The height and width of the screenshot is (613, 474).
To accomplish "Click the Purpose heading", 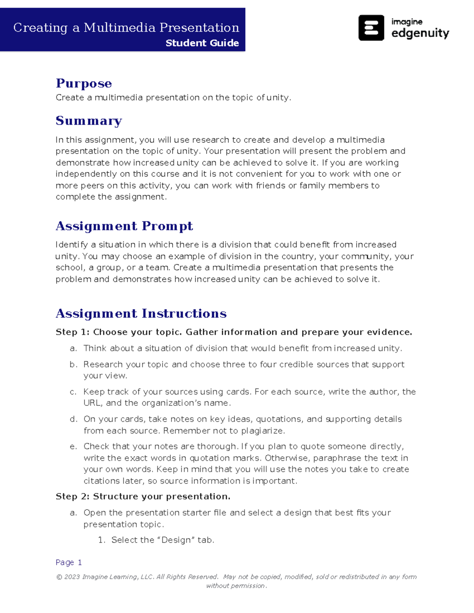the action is click(84, 83).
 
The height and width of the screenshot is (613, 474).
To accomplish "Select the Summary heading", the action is click(89, 121).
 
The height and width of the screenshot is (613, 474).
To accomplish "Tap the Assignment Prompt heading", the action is click(124, 226).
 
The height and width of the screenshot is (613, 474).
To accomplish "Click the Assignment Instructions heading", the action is click(141, 313).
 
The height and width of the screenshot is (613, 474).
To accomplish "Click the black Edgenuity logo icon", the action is click(371, 28).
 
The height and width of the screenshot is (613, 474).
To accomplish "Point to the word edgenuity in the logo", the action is click(420, 33).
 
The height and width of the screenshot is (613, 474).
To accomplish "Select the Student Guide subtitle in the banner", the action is click(202, 43).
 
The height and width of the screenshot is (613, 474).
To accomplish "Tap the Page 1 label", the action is click(69, 562).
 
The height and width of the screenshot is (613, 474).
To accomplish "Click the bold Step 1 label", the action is click(72, 332).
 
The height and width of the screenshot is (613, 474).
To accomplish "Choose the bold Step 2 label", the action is click(72, 496).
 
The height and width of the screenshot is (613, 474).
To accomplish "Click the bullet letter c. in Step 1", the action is click(73, 392).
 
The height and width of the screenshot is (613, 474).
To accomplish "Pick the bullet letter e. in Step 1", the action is click(73, 446).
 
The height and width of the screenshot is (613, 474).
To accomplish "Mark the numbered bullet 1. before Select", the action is click(102, 540).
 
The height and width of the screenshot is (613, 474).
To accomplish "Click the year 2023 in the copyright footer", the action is click(72, 577).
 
